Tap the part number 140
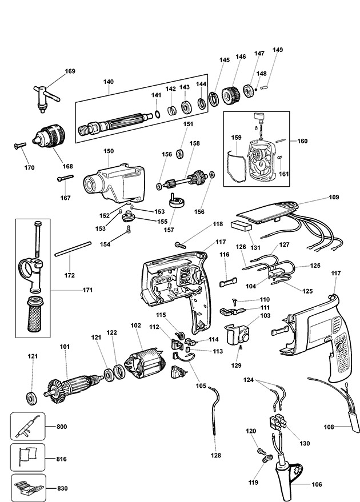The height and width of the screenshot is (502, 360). pyautogui.click(x=109, y=82)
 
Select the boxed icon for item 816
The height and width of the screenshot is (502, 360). pyautogui.click(x=29, y=457)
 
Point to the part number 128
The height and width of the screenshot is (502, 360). pyautogui.click(x=215, y=455)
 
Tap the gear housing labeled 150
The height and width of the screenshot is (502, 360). pyautogui.click(x=114, y=180)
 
